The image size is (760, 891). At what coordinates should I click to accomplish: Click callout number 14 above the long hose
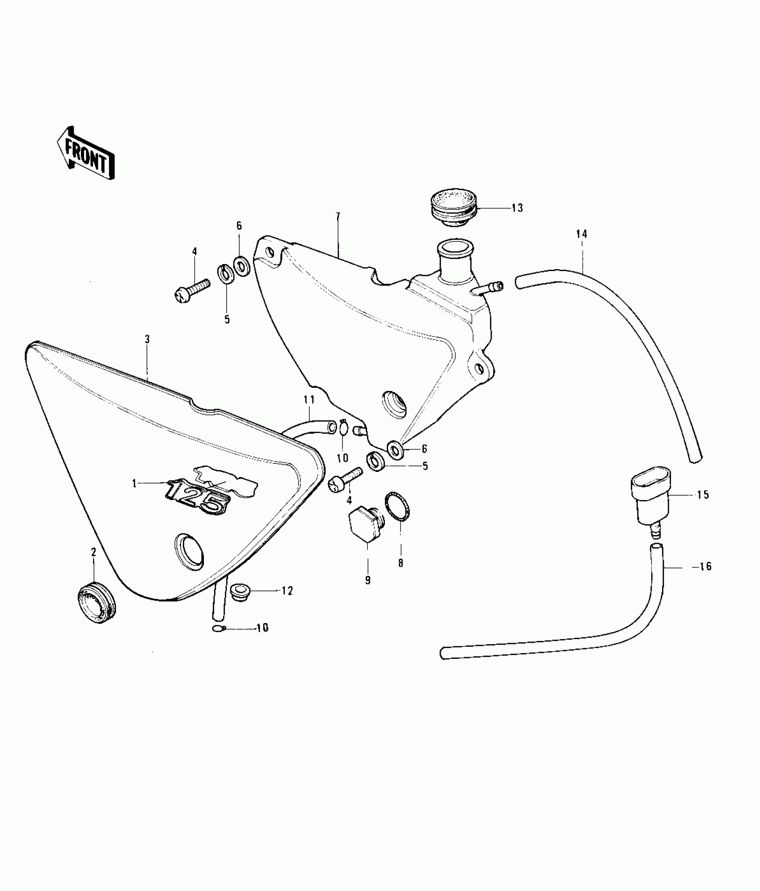pyautogui.click(x=582, y=234)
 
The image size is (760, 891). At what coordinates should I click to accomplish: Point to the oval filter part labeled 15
pyautogui.click(x=650, y=496)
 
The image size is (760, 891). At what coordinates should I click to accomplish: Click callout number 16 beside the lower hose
pyautogui.click(x=705, y=567)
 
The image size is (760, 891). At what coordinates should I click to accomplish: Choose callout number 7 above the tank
pyautogui.click(x=338, y=216)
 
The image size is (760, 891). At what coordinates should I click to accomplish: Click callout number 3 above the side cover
pyautogui.click(x=147, y=339)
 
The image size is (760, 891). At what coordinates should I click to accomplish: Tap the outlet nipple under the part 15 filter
pyautogui.click(x=655, y=531)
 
